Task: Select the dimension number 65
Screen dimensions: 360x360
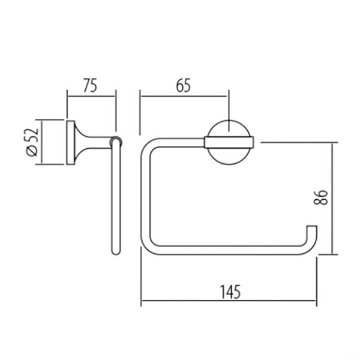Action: click(183, 85)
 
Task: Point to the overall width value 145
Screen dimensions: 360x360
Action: click(228, 292)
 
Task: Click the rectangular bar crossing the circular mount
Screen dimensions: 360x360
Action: click(230, 142)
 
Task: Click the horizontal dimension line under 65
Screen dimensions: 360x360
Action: click(184, 94)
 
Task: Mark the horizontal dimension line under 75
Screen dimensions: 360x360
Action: click(91, 94)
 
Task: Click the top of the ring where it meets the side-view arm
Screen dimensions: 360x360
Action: click(116, 142)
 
